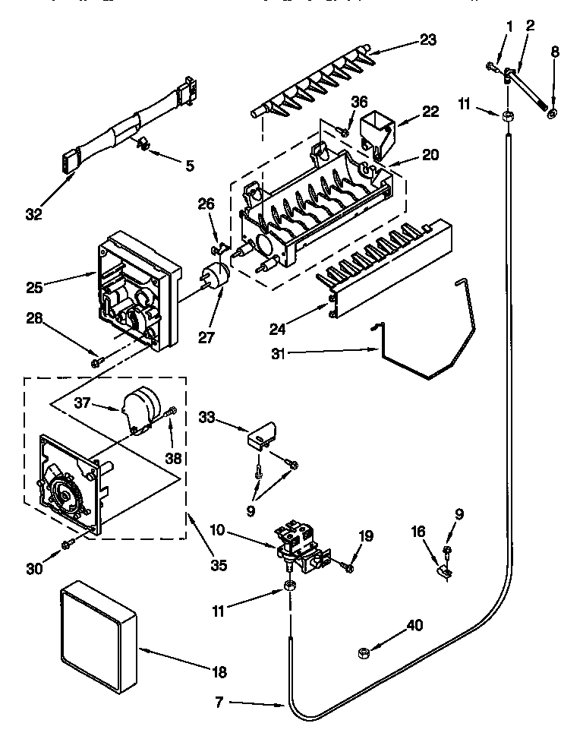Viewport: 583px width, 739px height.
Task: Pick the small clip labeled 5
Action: [x=142, y=144]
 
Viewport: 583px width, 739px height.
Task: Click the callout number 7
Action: [x=219, y=704]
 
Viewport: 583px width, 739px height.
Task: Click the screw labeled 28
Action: [x=96, y=363]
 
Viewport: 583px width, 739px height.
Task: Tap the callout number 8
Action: [x=553, y=52]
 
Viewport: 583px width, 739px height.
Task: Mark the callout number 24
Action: [x=278, y=328]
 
